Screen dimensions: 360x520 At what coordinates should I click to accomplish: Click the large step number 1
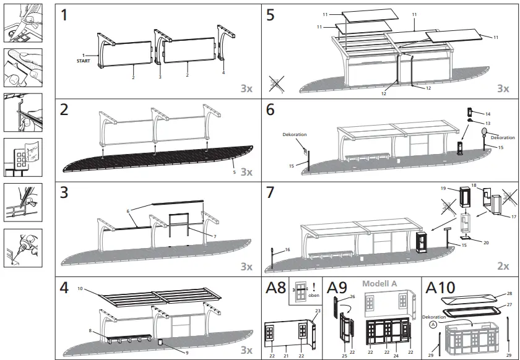[65, 16]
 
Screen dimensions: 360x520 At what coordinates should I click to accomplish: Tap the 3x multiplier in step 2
[246, 171]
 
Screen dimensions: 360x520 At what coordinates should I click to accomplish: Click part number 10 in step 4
[80, 289]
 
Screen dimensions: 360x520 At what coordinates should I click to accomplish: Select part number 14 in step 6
[488, 114]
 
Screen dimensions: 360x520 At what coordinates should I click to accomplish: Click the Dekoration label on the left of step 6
[295, 134]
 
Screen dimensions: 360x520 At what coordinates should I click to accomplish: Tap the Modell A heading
[379, 284]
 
